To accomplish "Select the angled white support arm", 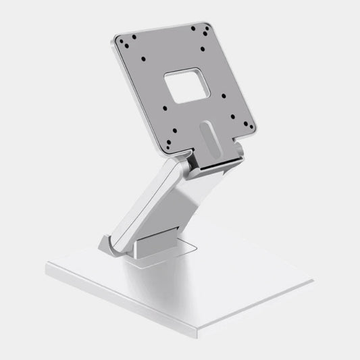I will [x=152, y=203].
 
